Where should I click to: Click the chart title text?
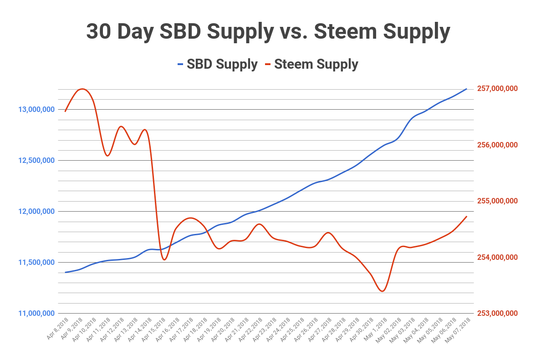coord(268,32)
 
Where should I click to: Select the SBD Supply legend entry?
coord(217,64)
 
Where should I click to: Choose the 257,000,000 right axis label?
coord(497,88)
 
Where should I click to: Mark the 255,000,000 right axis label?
coord(497,201)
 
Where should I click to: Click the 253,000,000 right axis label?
coord(497,313)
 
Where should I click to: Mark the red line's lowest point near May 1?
coord(382,291)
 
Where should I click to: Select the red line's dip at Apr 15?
coord(164,259)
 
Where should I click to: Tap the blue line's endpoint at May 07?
coord(467,89)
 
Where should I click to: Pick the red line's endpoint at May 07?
coord(467,216)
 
